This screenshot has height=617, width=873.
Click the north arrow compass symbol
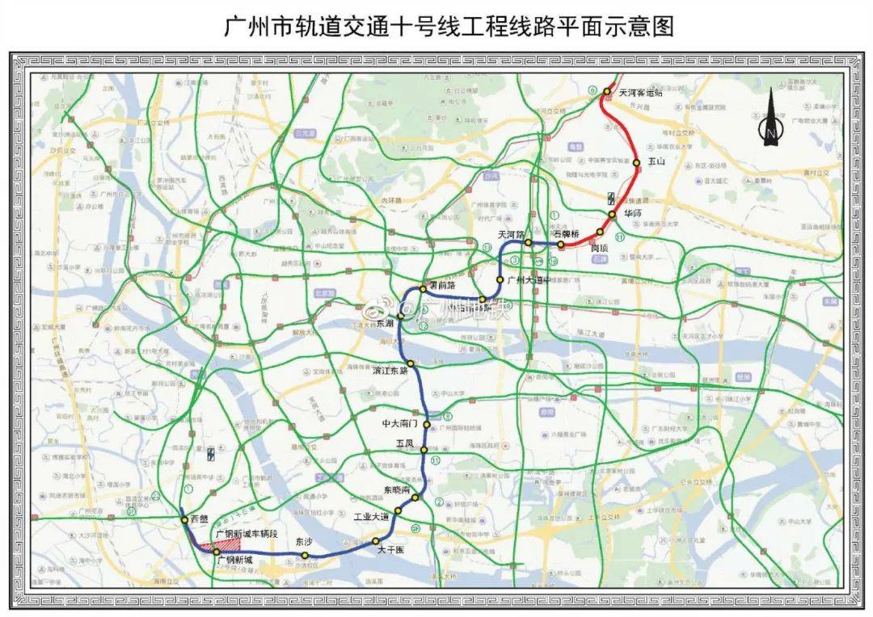point(770,120)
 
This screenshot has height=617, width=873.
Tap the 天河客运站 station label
point(640,93)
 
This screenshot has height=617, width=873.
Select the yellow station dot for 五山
point(637,162)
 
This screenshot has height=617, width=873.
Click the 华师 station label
point(632,214)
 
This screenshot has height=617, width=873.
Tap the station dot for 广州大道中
point(500,279)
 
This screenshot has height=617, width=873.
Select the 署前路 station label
point(441,285)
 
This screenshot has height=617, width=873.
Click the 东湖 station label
point(385,322)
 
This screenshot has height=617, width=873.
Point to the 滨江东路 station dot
point(411,364)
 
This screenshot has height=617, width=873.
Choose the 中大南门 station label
point(402,423)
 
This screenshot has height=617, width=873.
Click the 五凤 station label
point(404,443)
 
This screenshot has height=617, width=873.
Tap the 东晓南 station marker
point(415,497)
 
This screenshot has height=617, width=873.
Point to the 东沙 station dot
point(305,556)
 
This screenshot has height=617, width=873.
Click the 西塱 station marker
point(185,519)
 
